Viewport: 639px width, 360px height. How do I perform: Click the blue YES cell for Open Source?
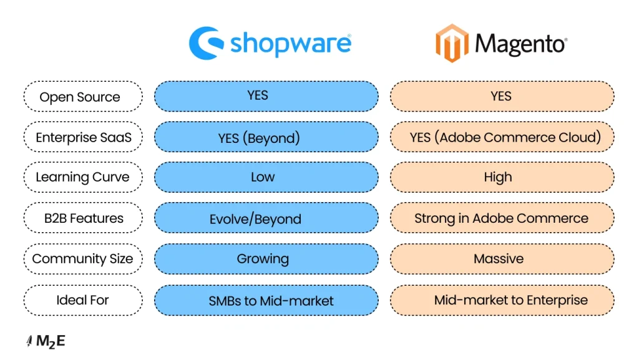coord(266,96)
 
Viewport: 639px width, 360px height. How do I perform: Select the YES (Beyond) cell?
coord(266,137)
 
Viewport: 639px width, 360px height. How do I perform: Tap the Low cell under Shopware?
coord(266,177)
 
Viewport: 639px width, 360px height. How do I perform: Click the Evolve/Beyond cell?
coord(266,218)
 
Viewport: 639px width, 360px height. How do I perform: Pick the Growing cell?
coord(266,259)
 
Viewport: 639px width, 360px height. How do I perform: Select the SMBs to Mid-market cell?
coord(266,300)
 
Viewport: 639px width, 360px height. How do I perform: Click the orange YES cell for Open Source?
coord(502,96)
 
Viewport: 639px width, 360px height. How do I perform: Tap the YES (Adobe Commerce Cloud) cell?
coord(502,137)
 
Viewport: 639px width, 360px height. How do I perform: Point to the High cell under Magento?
coord(502,177)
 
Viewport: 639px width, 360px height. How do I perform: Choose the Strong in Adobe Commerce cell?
coord(502,218)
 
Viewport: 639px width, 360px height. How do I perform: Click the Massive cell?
coord(502,259)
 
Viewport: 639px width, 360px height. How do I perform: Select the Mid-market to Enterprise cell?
coord(502,300)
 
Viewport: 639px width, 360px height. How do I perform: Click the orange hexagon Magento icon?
coord(452,44)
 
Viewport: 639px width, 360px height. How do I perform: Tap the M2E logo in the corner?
coord(46,341)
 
